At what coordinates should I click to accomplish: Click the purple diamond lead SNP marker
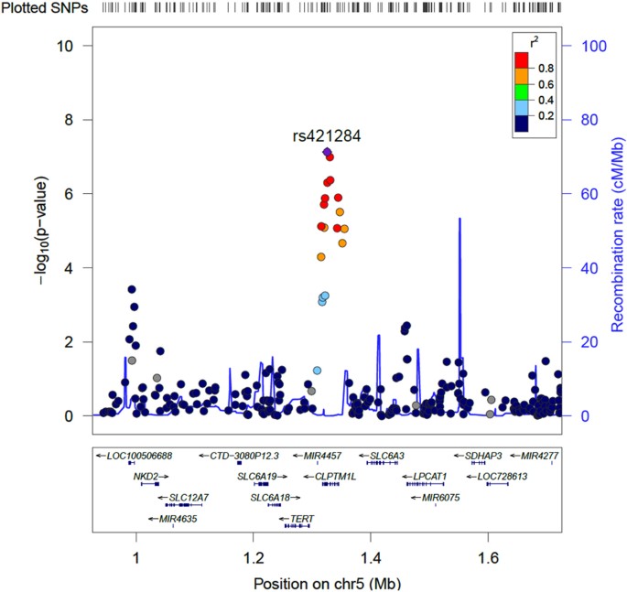[x=327, y=152]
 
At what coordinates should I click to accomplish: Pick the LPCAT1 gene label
[x=424, y=476]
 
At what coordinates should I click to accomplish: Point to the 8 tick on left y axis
[x=78, y=120]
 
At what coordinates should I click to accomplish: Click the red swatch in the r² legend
[x=522, y=59]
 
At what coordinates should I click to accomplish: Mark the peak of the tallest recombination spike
[x=459, y=219]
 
